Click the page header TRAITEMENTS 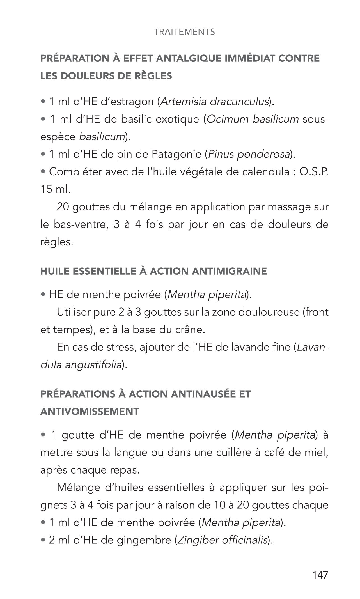184,32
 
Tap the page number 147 320,575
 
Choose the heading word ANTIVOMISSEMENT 90,412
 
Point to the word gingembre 144,540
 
